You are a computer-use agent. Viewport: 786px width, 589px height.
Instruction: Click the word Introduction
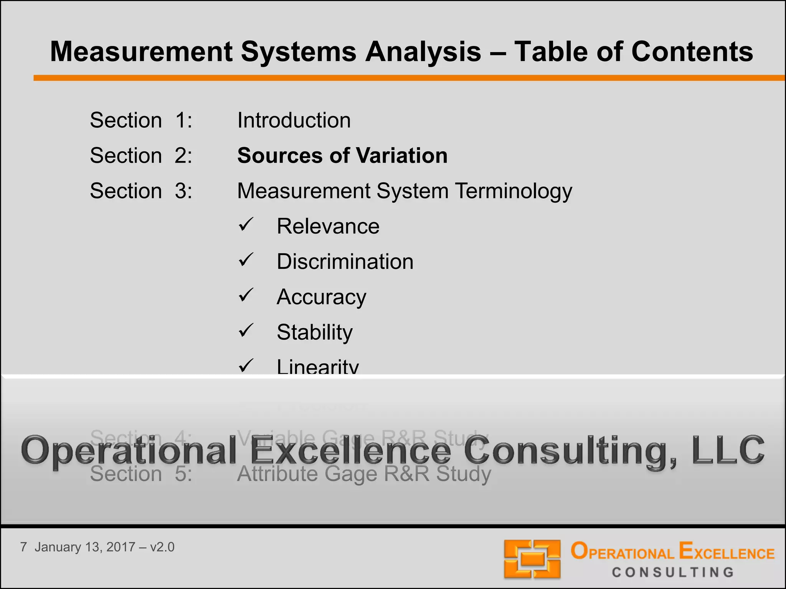[294, 120]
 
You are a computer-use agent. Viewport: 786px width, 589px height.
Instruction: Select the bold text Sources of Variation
[342, 156]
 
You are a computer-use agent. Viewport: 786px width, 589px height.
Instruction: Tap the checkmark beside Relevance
[246, 225]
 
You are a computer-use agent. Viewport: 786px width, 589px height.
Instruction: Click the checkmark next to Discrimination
[246, 260]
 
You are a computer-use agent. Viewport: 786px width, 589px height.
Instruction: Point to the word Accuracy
[322, 297]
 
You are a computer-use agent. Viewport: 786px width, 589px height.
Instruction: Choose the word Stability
[315, 332]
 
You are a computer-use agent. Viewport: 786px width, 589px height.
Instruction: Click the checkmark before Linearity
[246, 365]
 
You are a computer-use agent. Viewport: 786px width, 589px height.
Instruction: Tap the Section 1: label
[141, 120]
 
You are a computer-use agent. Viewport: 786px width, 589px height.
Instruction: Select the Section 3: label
[141, 191]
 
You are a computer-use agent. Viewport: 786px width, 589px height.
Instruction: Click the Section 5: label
[141, 474]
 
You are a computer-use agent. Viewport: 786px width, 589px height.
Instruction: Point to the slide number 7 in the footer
[24, 547]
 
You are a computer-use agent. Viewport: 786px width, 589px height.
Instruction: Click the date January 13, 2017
[84, 547]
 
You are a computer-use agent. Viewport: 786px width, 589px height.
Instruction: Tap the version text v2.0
[162, 547]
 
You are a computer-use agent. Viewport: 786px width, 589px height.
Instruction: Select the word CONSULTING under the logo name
[673, 573]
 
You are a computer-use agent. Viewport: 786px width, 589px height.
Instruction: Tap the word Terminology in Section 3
[514, 191]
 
